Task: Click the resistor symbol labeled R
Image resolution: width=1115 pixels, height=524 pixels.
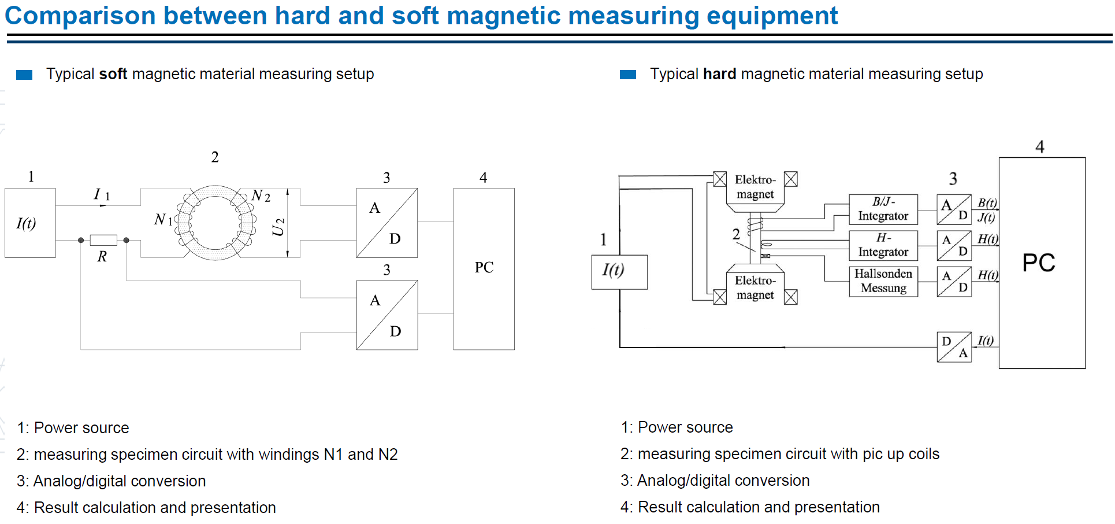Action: point(103,240)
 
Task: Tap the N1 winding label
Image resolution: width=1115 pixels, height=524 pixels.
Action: point(163,220)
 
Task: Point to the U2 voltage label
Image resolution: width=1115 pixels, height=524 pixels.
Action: point(278,227)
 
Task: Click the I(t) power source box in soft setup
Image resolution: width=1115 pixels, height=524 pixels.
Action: point(30,223)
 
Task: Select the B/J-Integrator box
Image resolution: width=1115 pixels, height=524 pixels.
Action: point(883,209)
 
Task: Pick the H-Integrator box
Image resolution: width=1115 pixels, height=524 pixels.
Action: point(883,245)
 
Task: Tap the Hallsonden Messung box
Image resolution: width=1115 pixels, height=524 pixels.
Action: point(883,281)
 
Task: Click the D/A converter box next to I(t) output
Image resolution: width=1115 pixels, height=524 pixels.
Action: point(954,347)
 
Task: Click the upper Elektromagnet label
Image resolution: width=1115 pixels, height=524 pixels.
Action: point(755,187)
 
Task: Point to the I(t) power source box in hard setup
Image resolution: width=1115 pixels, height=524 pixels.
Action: point(619,272)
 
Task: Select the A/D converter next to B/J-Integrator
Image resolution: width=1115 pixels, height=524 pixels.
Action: point(954,209)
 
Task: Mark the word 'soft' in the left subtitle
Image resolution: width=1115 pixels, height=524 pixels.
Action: point(113,74)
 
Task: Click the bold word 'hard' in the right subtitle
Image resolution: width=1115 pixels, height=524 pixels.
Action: point(720,74)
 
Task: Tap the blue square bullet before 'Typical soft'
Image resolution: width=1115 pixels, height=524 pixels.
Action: point(24,75)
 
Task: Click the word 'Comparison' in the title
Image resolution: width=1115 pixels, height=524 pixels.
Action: point(80,16)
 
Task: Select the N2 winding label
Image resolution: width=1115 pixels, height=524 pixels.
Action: point(261,196)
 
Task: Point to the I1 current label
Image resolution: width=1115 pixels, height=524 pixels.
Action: point(102,194)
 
